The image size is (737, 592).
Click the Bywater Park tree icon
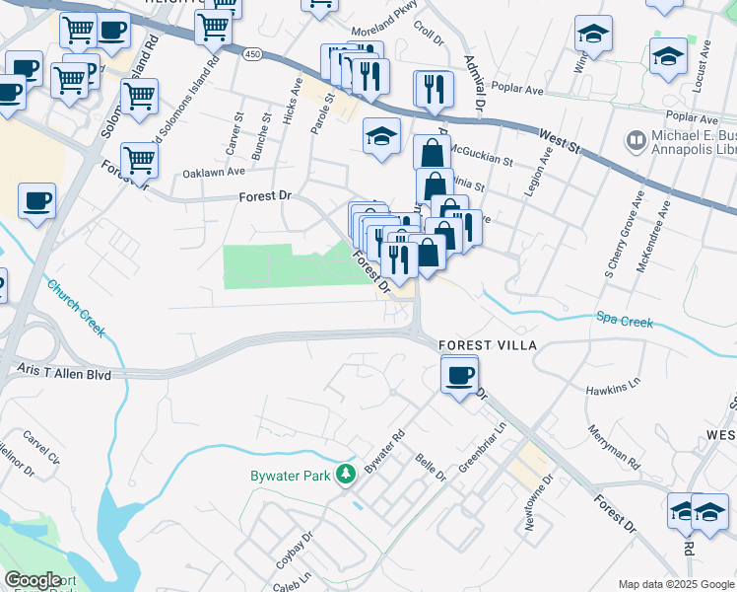click(346, 476)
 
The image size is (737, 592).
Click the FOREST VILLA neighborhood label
click(488, 345)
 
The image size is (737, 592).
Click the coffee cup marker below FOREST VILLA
click(460, 376)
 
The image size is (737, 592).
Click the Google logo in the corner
click(33, 580)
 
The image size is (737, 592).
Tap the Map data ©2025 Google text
click(676, 584)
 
